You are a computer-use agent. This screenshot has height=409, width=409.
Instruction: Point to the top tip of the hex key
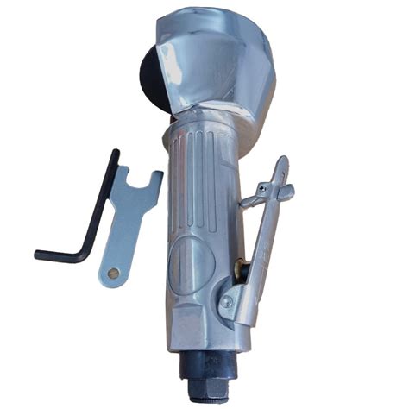[x=116, y=153]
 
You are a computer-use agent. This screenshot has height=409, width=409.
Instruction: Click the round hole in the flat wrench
[x=110, y=273]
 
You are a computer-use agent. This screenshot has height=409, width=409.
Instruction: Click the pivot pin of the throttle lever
[x=226, y=301]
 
